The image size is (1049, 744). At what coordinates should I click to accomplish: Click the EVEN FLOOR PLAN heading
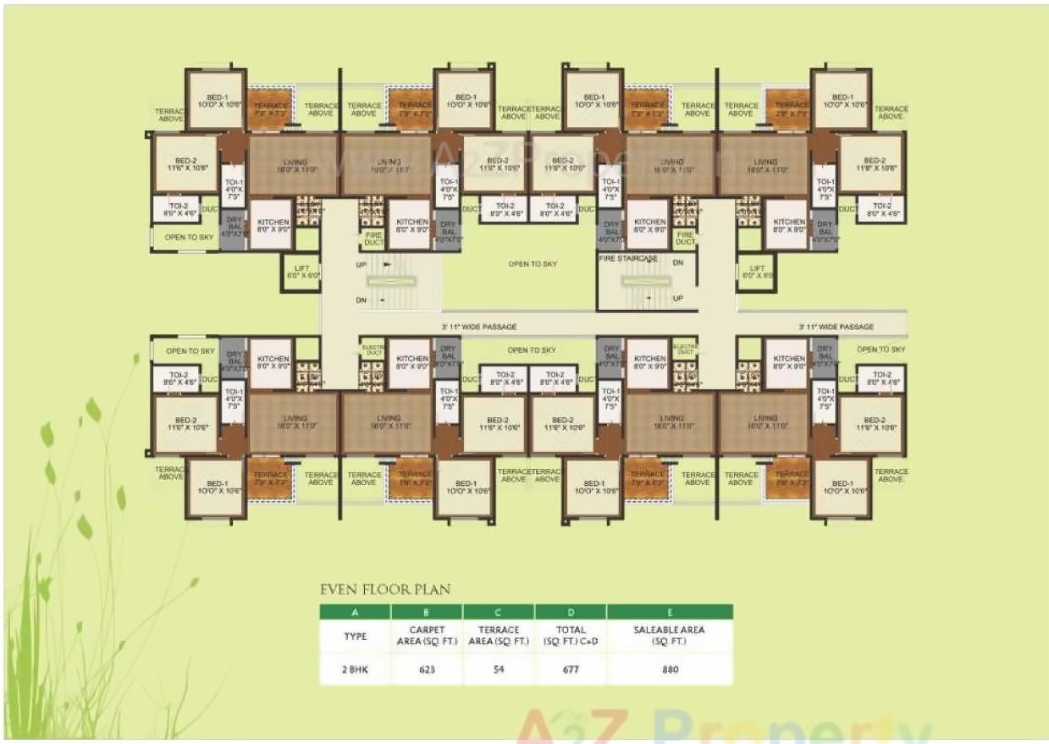click(384, 589)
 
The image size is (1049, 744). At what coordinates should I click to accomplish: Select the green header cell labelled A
click(355, 611)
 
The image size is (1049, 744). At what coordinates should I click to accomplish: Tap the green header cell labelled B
click(427, 611)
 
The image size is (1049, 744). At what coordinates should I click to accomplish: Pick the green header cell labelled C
click(499, 611)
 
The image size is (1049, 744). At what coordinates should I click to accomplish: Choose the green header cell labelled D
click(571, 611)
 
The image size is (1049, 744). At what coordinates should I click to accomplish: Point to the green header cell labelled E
click(670, 611)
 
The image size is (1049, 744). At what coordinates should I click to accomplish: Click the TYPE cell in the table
click(355, 636)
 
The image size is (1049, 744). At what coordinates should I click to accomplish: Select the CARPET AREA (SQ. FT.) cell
click(427, 636)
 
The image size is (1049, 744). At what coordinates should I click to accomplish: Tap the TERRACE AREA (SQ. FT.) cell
click(499, 636)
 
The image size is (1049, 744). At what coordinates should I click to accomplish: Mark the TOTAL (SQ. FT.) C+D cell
click(571, 636)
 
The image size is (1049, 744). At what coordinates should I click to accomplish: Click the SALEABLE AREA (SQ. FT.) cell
click(670, 636)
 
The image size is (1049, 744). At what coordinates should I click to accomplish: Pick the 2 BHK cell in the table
click(355, 669)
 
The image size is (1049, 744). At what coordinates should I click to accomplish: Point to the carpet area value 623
click(427, 669)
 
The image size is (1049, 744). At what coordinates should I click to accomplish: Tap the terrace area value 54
click(499, 669)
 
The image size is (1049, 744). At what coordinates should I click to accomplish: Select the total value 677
click(571, 669)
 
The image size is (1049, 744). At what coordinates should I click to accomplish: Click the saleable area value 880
click(670, 669)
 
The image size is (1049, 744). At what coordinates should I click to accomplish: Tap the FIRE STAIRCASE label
click(627, 257)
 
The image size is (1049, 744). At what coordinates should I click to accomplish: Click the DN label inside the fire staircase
click(677, 263)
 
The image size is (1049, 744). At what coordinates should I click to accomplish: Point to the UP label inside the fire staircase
click(677, 298)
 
